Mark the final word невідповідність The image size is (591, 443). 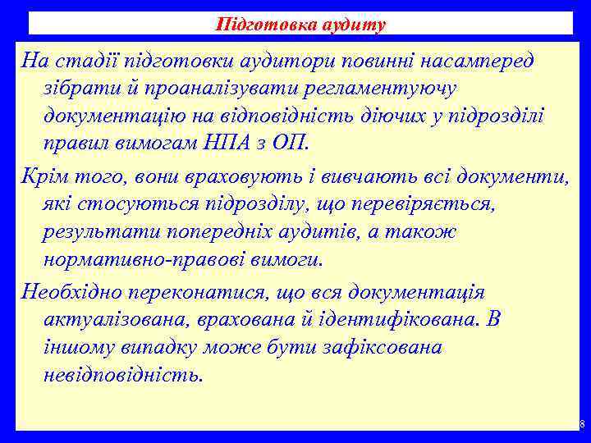point(121,376)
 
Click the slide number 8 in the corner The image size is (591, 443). point(581,425)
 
